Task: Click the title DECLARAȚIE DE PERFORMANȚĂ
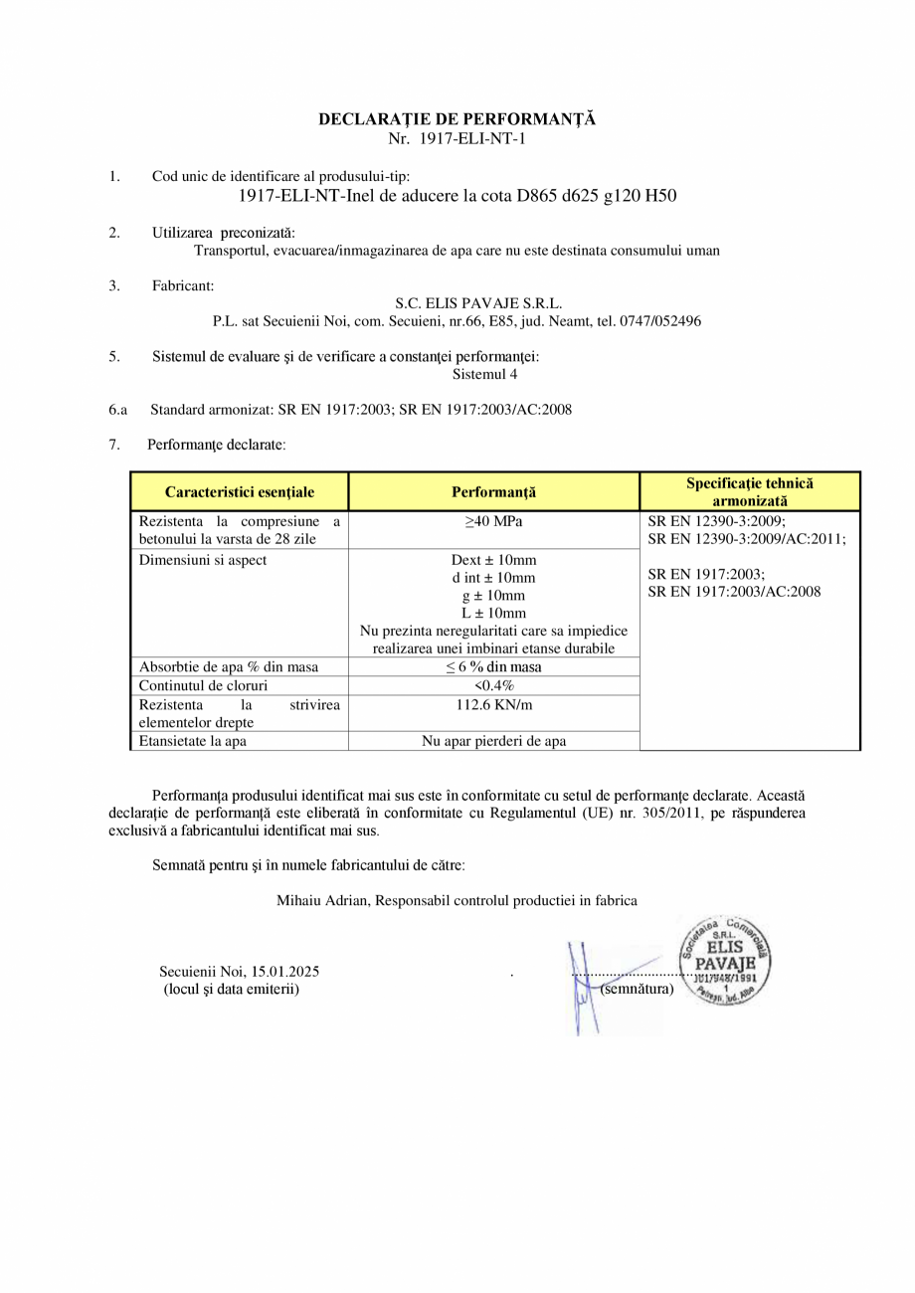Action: [x=457, y=119]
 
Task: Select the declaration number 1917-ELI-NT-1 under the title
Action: [x=469, y=138]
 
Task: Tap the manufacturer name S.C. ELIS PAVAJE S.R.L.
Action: [x=478, y=303]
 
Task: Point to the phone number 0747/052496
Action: [x=662, y=321]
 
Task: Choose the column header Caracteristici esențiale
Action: [x=240, y=492]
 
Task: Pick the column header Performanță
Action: [x=493, y=492]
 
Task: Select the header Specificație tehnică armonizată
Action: [x=749, y=491]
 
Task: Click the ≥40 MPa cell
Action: [x=493, y=522]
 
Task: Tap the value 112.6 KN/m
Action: [x=493, y=704]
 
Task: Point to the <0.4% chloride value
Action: [x=493, y=685]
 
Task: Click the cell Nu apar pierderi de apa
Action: [x=493, y=741]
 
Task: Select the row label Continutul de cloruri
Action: [x=203, y=685]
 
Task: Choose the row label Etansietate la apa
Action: [x=193, y=741]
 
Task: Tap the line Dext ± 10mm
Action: [x=493, y=560]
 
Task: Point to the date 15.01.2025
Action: [x=285, y=972]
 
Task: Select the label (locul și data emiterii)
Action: [x=231, y=989]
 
